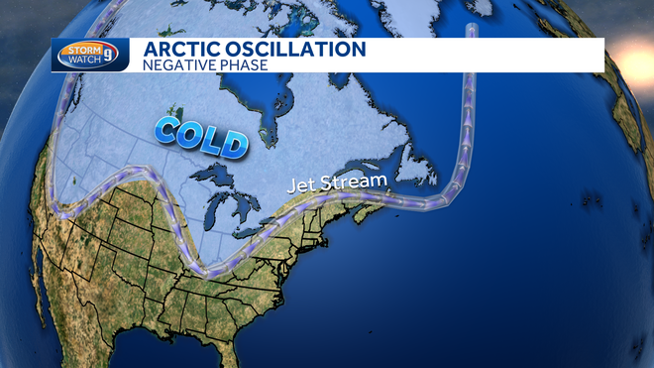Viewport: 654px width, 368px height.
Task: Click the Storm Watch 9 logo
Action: click(x=90, y=55)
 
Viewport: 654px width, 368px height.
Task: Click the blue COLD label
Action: click(x=200, y=137)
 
